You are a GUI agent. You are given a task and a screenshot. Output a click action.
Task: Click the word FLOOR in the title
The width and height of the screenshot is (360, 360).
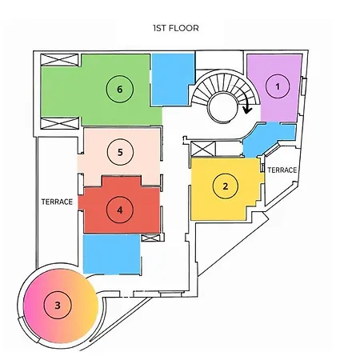[183, 28]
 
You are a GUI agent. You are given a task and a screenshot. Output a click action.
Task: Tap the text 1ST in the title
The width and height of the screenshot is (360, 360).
[159, 28]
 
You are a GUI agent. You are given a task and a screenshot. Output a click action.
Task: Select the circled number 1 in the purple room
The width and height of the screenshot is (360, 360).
[278, 86]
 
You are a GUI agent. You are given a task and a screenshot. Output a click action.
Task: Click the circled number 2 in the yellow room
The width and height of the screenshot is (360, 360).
[226, 186]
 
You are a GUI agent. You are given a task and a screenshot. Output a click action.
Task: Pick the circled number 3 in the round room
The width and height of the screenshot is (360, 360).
[58, 306]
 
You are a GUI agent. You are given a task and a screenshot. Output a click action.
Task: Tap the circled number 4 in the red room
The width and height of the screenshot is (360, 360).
[120, 210]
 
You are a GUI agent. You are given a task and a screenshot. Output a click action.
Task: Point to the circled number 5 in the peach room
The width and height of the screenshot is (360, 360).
[120, 152]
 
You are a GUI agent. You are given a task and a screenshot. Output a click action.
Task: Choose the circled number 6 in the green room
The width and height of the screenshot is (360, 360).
[120, 89]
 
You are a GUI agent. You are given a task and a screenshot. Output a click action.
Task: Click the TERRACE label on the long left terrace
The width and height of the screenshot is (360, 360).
[57, 202]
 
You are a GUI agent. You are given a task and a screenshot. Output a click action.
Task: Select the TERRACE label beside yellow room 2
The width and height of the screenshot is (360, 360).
[282, 170]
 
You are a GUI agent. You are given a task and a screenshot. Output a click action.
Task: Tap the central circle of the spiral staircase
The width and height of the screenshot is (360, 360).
[223, 108]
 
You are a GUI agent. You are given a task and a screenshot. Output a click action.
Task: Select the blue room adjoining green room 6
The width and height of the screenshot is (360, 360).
[172, 79]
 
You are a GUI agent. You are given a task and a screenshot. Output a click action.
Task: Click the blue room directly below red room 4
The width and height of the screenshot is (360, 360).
[112, 254]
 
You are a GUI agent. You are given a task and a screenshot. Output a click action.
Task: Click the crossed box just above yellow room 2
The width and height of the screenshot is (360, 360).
[203, 149]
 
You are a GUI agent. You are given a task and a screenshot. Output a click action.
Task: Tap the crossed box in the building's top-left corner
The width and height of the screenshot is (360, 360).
[59, 60]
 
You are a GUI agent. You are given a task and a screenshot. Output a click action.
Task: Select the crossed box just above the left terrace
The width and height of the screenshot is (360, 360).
[59, 123]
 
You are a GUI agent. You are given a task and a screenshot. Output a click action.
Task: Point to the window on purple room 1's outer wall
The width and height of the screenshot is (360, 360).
[304, 86]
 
